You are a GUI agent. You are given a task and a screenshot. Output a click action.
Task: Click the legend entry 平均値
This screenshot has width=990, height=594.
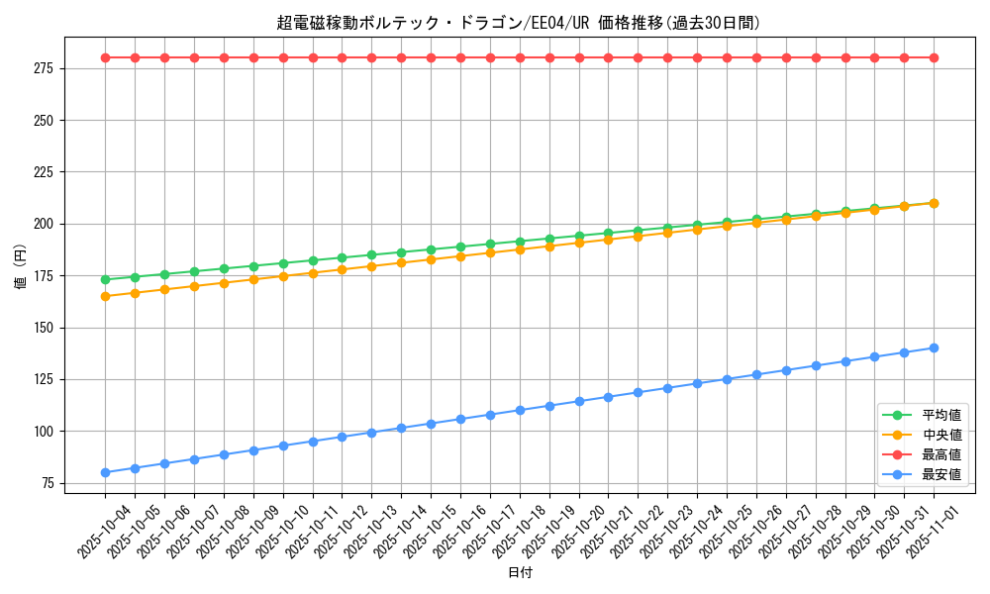[941, 415]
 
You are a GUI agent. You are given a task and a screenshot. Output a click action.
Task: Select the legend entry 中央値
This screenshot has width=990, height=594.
[941, 435]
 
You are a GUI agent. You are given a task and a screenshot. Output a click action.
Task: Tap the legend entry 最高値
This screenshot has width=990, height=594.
[941, 454]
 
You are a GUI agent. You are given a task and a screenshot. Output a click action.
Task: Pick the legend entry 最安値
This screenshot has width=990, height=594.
[941, 474]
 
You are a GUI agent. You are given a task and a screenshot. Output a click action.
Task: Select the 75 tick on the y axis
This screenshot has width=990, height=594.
[47, 483]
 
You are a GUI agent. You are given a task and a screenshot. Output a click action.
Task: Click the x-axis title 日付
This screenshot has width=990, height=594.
[519, 573]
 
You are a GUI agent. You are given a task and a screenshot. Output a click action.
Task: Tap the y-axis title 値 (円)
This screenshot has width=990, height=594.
[21, 265]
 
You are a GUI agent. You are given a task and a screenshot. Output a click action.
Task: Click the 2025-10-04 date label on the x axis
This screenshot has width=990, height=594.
[105, 530]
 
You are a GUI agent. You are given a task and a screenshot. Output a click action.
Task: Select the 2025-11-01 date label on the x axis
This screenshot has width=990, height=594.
[934, 530]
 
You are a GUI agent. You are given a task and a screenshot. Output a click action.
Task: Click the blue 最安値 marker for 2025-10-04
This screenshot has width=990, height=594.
[105, 472]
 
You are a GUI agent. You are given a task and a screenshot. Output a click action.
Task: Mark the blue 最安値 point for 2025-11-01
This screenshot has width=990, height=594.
[934, 347]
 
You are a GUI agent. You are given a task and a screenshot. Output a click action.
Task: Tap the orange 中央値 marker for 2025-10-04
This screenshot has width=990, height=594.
[105, 296]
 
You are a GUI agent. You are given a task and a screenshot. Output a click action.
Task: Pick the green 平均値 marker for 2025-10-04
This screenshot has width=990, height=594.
[105, 279]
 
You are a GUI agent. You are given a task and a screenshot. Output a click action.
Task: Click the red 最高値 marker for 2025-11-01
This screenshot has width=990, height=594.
[934, 57]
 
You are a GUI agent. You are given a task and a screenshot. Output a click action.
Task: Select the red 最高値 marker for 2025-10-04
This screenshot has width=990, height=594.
[105, 57]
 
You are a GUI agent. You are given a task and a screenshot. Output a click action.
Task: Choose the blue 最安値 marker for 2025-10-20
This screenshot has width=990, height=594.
[579, 401]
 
